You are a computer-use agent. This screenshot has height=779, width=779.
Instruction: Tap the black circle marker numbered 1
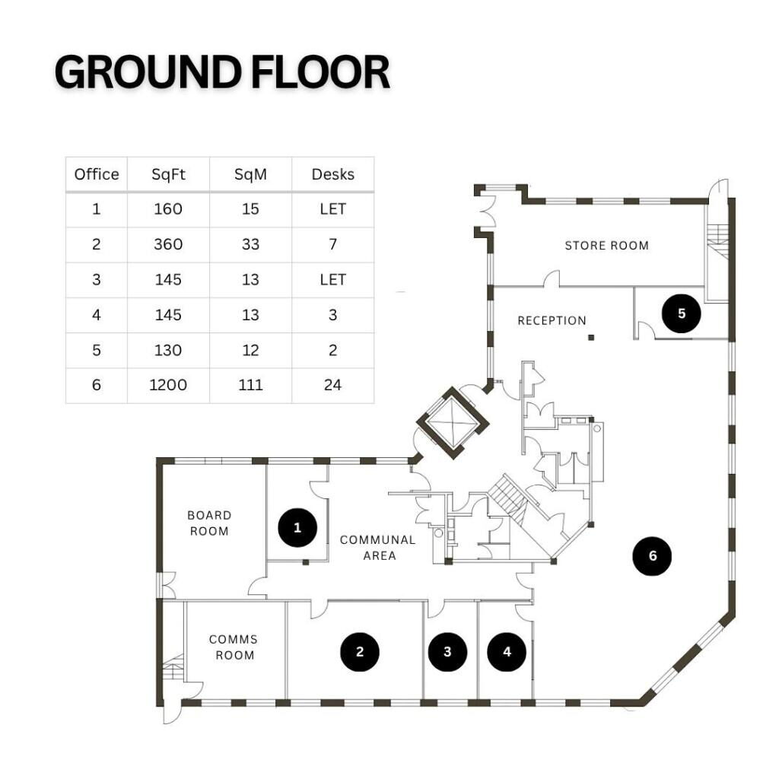coord(297,527)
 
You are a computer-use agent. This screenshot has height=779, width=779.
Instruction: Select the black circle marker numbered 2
coord(360,651)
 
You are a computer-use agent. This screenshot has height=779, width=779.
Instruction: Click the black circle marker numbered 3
coord(447,651)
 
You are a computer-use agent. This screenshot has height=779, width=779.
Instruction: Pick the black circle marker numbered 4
coord(507,651)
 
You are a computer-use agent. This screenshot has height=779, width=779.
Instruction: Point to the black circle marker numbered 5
coord(682,313)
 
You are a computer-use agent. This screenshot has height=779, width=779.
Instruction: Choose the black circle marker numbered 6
coord(653,556)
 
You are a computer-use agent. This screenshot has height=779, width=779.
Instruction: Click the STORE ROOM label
coord(606,246)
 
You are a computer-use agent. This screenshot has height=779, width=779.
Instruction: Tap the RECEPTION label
coord(552,320)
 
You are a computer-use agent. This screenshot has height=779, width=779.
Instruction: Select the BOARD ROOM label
coord(209,523)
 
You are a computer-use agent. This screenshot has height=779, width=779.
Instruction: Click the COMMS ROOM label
coord(234,647)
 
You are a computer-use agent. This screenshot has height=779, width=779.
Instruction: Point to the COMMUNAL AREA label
coord(378,548)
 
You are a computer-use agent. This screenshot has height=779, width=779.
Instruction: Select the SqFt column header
coord(168,174)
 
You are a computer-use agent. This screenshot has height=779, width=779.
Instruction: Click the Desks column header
coord(332,174)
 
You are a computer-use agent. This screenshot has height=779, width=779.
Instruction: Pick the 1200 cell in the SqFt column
coord(168,385)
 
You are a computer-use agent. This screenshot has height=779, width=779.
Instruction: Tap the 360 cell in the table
coord(168,244)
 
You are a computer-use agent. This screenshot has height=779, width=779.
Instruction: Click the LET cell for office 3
coord(332,279)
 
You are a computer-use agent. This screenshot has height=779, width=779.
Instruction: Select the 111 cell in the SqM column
coord(250,385)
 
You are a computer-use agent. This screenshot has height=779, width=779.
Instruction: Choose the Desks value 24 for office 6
coord(332,385)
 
